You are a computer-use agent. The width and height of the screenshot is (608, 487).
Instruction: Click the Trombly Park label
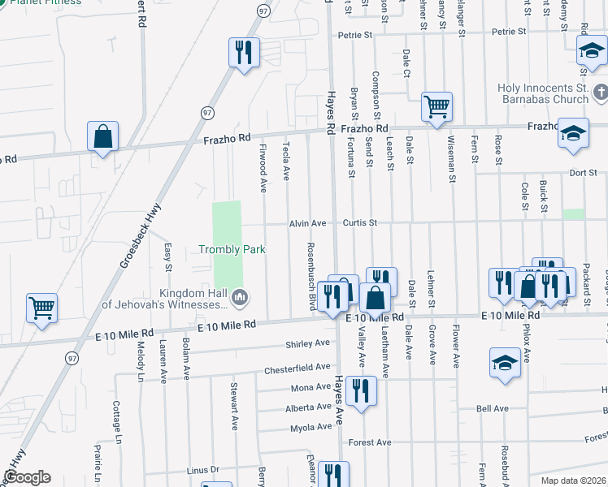232,250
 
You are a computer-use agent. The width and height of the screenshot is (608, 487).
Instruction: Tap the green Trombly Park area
227,223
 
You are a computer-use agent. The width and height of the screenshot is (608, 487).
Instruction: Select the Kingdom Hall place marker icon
239,299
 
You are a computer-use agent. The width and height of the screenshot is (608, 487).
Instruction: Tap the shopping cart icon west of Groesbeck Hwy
41,308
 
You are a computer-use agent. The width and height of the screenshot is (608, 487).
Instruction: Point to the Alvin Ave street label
307,223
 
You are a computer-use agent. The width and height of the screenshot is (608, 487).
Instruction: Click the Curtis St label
359,222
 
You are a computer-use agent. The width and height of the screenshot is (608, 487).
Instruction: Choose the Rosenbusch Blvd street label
311,274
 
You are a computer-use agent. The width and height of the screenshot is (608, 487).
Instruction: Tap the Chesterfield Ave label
297,368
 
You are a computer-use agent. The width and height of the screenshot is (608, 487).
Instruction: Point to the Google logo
26,477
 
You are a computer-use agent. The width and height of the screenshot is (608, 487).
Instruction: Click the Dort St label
584,172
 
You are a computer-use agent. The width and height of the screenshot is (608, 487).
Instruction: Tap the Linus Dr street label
203,470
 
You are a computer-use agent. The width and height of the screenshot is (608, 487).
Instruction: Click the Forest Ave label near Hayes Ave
370,442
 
